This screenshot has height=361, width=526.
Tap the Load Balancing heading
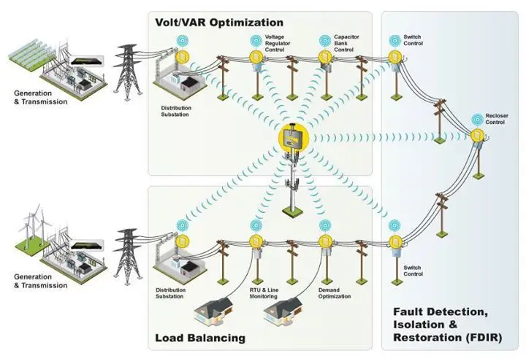tap(200, 338)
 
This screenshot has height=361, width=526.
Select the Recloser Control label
tap(495, 119)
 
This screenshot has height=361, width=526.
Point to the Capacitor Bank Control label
tap(344, 43)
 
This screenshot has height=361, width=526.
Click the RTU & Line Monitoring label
tap(261, 293)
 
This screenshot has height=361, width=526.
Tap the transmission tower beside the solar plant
tap(128, 69)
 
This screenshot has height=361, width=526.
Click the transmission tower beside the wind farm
tap(129, 251)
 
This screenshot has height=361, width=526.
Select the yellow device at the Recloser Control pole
tap(476, 135)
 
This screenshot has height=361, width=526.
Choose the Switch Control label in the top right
tap(413, 40)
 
